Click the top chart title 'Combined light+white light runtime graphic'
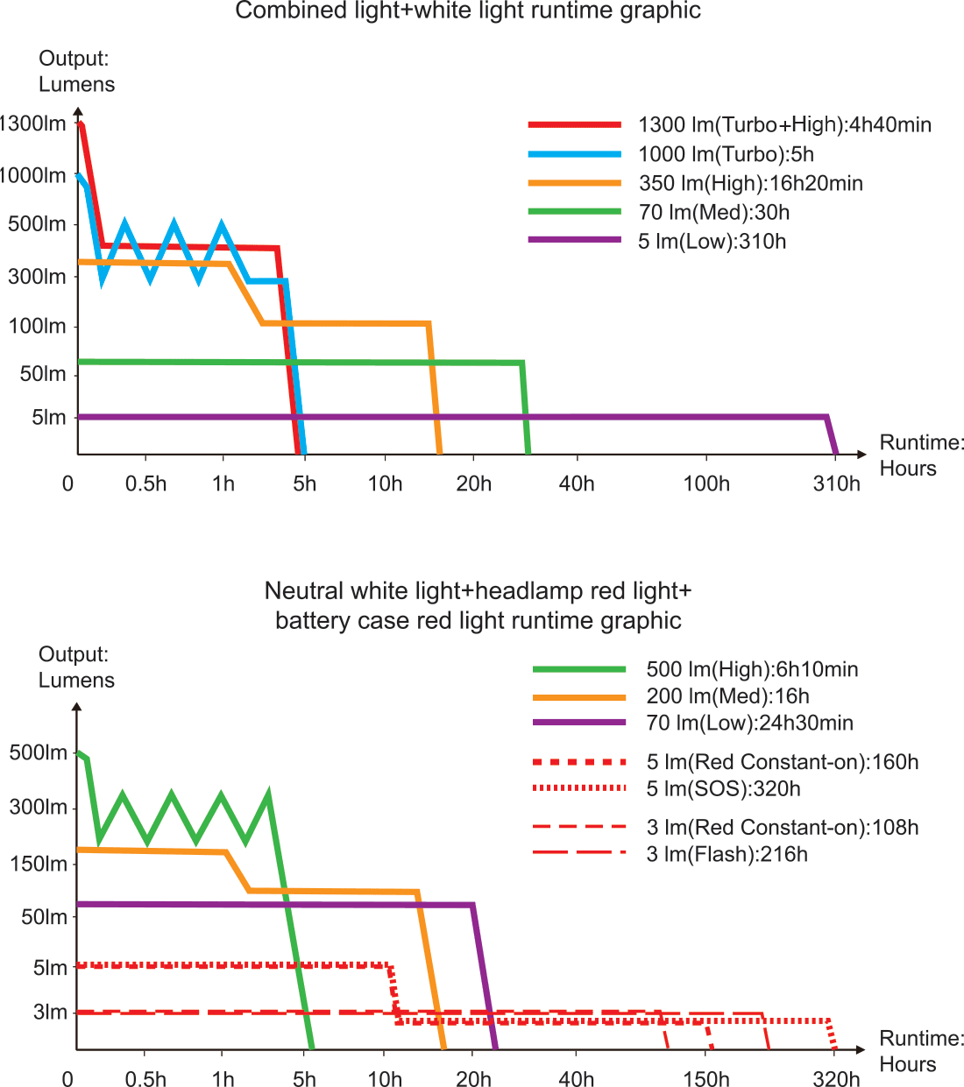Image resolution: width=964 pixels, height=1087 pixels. pyautogui.click(x=468, y=11)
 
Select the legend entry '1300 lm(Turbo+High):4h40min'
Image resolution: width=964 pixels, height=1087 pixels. pyautogui.click(x=784, y=125)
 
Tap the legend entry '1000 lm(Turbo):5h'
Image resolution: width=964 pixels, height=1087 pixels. pyautogui.click(x=726, y=154)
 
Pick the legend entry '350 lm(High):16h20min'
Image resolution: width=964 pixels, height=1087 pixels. pyautogui.click(x=750, y=183)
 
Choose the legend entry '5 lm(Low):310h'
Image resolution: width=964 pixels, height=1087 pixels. pyautogui.click(x=712, y=241)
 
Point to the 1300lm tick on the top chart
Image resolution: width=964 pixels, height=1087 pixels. pyautogui.click(x=33, y=124)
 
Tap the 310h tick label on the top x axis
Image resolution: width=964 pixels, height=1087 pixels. pyautogui.click(x=836, y=484)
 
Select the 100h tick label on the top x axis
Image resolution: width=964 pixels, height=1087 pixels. pyautogui.click(x=705, y=484)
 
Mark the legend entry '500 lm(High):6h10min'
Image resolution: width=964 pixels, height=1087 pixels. pyautogui.click(x=752, y=670)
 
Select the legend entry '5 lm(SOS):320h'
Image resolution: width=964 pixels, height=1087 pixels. pyautogui.click(x=723, y=788)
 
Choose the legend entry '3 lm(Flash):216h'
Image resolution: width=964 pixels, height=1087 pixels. pyautogui.click(x=727, y=854)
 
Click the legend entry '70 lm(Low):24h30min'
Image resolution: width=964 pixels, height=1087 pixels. pyautogui.click(x=749, y=723)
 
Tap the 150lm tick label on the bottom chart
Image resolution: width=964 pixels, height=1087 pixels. pyautogui.click(x=39, y=864)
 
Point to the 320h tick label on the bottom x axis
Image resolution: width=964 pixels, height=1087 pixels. pyautogui.click(x=836, y=1078)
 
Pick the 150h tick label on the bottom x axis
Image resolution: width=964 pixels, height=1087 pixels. pyautogui.click(x=705, y=1078)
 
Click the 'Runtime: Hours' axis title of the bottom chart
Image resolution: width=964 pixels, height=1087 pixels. pyautogui.click(x=920, y=1051)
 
